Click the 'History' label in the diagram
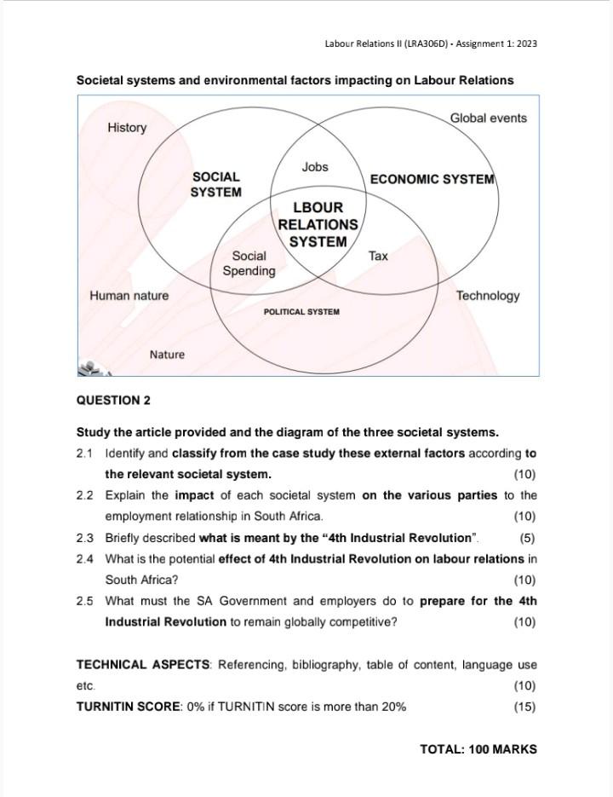[x=127, y=128]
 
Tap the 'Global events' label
[x=488, y=118]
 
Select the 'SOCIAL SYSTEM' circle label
[x=215, y=185]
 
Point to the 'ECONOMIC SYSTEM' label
[x=432, y=179]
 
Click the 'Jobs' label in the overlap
[x=314, y=167]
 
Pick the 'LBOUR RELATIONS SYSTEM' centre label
[x=318, y=224]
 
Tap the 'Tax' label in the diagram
[x=378, y=256]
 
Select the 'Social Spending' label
[x=249, y=263]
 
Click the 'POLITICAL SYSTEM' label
[x=301, y=312]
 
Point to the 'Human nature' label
[x=129, y=296]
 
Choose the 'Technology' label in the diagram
[x=487, y=296]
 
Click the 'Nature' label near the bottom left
[x=167, y=355]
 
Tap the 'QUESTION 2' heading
[x=113, y=401]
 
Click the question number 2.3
[x=84, y=538]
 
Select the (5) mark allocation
[x=527, y=538]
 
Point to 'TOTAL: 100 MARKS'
[x=478, y=749]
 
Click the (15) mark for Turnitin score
[x=524, y=707]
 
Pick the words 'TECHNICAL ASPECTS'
[x=143, y=665]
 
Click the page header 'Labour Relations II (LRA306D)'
[x=386, y=43]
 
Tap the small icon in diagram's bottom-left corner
[x=89, y=368]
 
